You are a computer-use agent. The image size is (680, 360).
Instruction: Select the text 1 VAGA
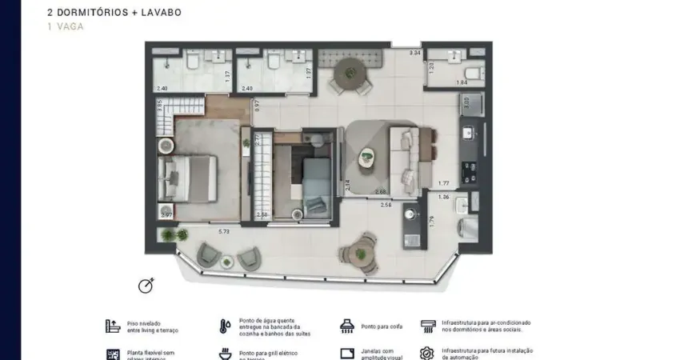[65, 26]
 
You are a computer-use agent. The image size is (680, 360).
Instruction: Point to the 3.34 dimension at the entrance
[414, 54]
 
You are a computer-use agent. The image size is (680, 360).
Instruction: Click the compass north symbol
[146, 286]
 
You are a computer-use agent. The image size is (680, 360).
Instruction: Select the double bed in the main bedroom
[189, 179]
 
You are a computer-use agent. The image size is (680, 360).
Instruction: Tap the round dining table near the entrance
[349, 74]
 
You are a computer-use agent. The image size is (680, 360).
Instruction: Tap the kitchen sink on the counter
[470, 133]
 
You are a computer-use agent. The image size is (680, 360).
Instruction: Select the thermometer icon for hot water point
[225, 326]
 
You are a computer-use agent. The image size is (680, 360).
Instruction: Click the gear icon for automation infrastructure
[427, 353]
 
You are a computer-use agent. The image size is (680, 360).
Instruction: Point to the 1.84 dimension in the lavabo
[462, 82]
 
